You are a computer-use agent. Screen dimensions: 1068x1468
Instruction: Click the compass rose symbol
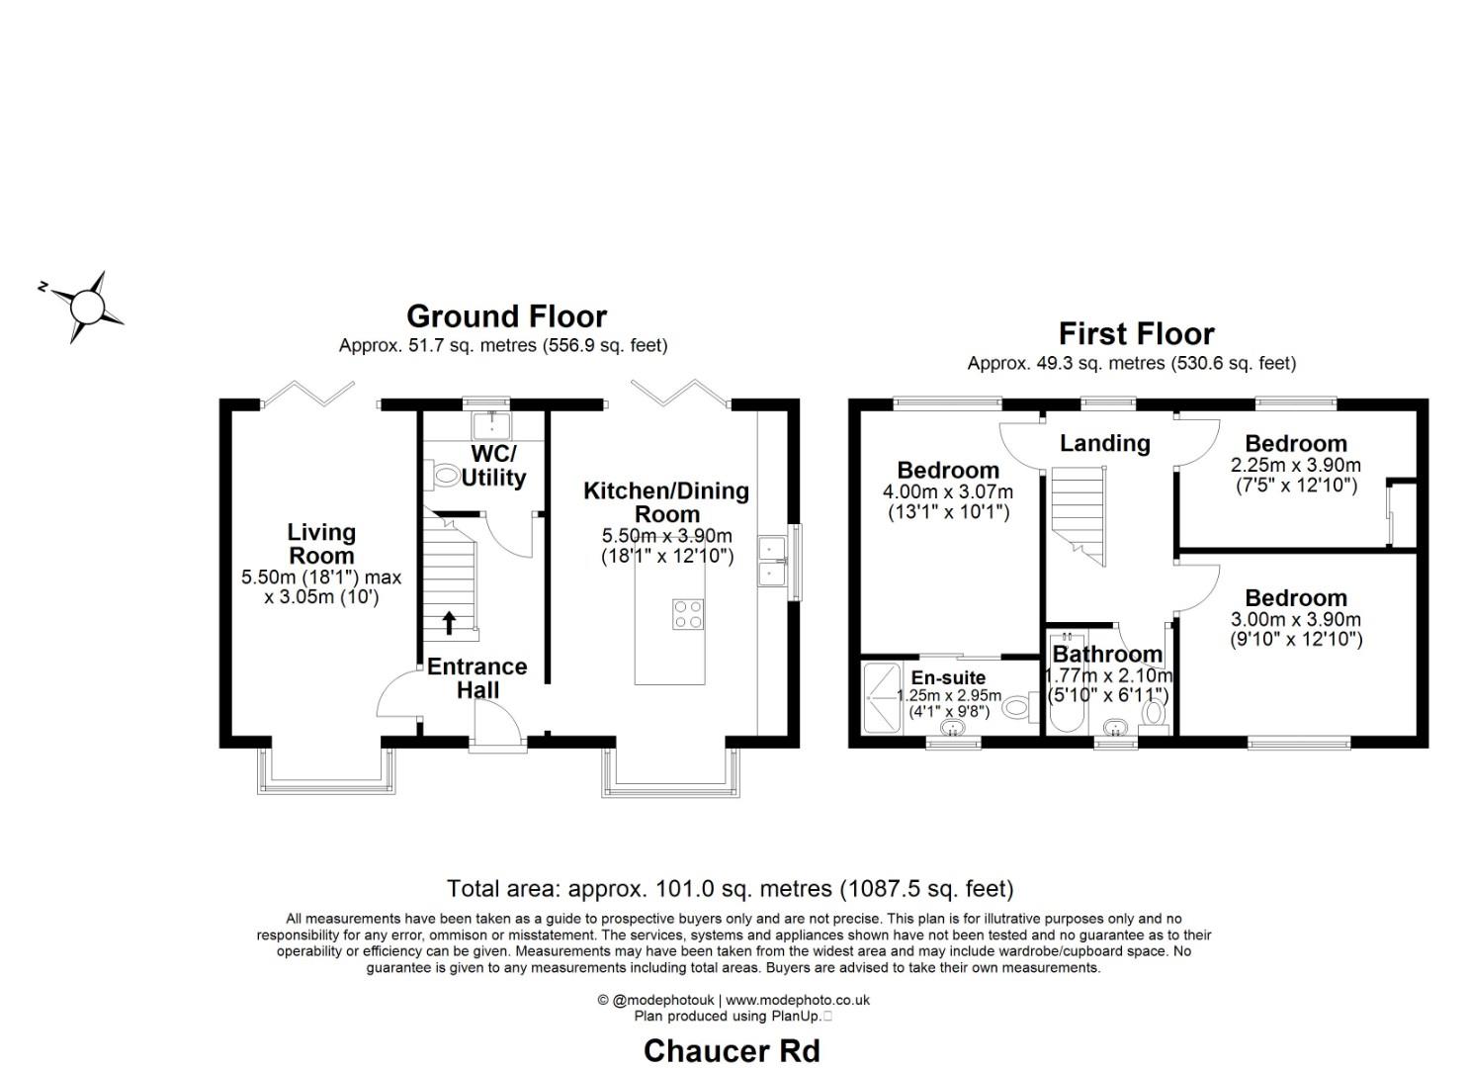coord(88,306)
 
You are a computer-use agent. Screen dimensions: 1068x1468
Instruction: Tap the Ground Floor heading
coord(506,316)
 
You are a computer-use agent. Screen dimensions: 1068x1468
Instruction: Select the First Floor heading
coord(1136,333)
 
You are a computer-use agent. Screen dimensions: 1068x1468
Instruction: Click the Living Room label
coord(320,544)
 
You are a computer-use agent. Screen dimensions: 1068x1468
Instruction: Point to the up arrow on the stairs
coord(448,622)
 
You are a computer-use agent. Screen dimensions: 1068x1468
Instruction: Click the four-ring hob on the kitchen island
coord(687,614)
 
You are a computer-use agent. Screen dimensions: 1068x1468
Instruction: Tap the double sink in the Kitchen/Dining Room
coord(771,560)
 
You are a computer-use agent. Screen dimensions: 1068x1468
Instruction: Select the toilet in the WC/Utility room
coord(445,476)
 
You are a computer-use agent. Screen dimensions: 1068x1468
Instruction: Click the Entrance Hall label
coord(476,678)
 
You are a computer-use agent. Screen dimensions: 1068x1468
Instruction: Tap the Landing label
coord(1104,443)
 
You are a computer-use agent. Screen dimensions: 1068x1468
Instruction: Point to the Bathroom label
coord(1106,655)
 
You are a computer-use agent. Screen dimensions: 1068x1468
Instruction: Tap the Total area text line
coord(730,888)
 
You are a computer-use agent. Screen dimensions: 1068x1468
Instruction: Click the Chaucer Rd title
coord(732,1050)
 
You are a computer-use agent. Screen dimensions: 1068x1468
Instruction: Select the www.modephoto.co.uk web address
coord(798,1000)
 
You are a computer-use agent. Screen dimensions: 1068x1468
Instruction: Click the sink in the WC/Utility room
coord(491,425)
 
